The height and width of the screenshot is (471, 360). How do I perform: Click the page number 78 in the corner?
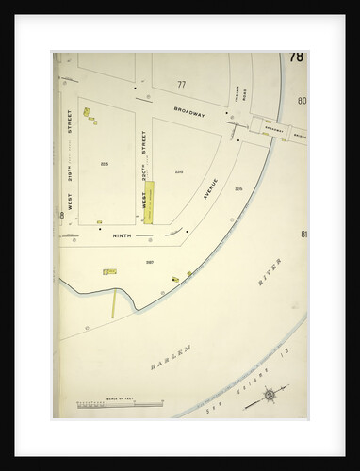pos(297,57)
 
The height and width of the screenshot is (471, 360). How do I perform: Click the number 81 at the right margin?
pos(303,234)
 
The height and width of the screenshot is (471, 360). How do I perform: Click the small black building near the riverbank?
pos(174,280)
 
